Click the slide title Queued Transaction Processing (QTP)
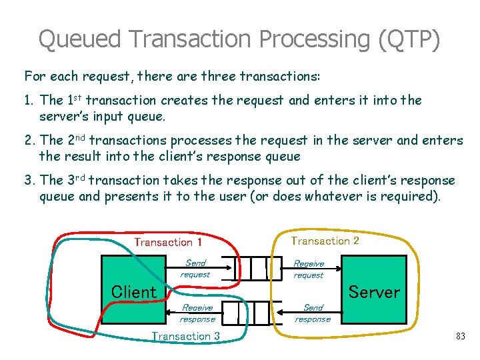point(239,39)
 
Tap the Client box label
point(133,291)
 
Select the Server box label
point(374,292)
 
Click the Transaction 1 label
point(168,242)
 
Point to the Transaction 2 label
point(325,241)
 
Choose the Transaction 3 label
point(186,336)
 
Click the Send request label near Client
point(195,269)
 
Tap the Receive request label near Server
point(309,269)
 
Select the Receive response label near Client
point(197,313)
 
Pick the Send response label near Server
point(313,313)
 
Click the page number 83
point(460,337)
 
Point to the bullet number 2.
point(28,141)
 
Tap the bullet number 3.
point(28,181)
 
